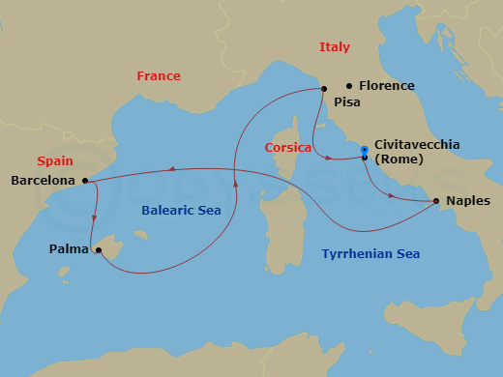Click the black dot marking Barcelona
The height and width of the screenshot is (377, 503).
point(85,180)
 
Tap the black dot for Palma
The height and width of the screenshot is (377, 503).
point(99,250)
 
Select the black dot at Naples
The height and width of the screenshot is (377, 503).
point(436,201)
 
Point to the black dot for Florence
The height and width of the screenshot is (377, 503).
point(349,86)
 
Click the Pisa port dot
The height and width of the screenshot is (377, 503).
point(322,89)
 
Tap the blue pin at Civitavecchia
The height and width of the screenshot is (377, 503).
point(364,150)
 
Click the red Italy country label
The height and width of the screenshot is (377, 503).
point(335,47)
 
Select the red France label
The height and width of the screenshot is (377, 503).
point(159,75)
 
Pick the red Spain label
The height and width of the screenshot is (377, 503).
point(55,160)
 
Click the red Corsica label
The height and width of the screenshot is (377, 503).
point(287,148)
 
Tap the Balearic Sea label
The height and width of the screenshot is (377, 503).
point(181,210)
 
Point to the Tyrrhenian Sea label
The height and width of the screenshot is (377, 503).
point(370,254)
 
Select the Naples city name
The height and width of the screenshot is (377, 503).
point(469,201)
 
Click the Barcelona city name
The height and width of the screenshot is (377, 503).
point(43,180)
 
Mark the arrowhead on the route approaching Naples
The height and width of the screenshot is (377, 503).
point(391,195)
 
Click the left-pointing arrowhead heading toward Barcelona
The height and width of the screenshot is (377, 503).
point(170,170)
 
